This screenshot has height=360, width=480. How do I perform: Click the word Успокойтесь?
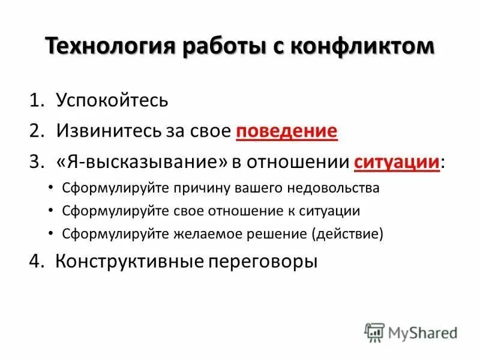112,100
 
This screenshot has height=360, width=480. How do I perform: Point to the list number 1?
36,100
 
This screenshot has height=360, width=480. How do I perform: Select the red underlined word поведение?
287,131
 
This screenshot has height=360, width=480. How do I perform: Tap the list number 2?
36,131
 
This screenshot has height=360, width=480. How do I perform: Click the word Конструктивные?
125,261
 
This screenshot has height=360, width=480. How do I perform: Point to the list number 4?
36,261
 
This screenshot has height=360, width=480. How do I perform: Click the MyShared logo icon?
374,332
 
